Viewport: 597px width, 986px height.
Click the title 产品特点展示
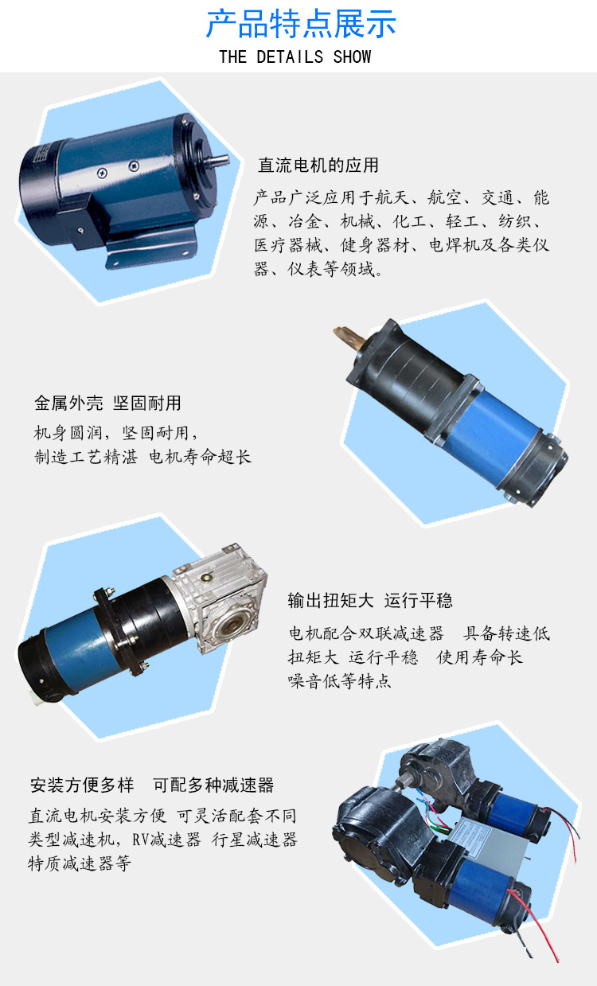click(300, 24)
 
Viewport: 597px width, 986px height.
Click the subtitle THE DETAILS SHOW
click(295, 57)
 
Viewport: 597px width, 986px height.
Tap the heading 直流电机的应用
click(318, 166)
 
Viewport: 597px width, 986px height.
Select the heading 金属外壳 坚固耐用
click(107, 403)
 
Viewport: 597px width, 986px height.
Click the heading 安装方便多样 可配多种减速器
click(151, 785)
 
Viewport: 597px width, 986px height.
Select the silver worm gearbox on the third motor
click(227, 605)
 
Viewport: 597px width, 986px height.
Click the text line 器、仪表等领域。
click(318, 270)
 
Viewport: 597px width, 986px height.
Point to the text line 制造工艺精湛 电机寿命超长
click(142, 457)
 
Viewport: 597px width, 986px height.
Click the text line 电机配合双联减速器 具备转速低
click(419, 633)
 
